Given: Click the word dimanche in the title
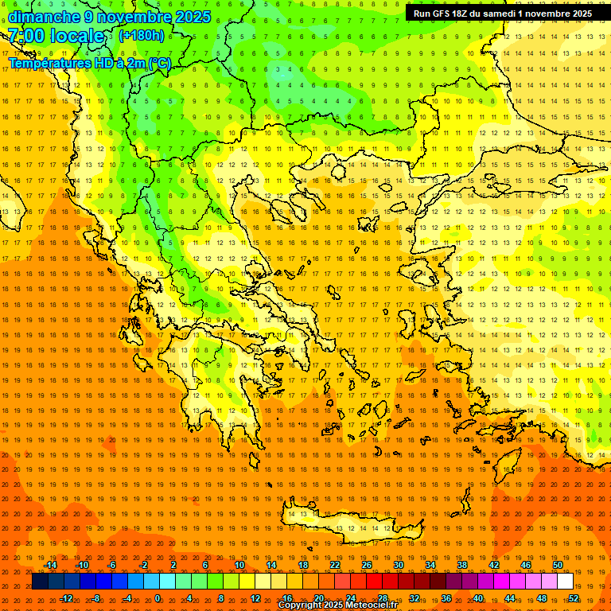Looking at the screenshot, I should tap(44, 17).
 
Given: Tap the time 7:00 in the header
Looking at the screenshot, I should tap(25, 36).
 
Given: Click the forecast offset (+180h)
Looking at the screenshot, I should tap(141, 36).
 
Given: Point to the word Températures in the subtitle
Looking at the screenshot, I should tap(49, 63).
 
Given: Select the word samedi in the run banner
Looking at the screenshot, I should tap(497, 14).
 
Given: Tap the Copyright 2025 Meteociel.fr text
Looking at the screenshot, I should tap(337, 605).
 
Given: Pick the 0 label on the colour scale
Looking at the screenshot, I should tap(158, 598).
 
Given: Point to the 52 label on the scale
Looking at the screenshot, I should tap(574, 598).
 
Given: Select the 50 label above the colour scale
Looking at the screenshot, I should tap(558, 565).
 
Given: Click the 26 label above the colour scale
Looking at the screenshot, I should tap(367, 565).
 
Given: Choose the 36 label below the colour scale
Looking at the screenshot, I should tap(446, 598).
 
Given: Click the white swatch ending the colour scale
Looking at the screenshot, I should tap(565, 582).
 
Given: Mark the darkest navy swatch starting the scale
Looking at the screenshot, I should tap(40, 582).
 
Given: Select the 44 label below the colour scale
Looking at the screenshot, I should tap(510, 598).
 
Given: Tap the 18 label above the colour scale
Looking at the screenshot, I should tap(303, 565).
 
